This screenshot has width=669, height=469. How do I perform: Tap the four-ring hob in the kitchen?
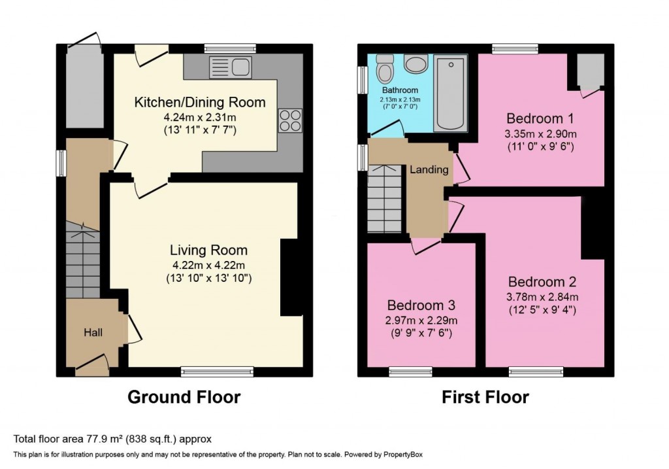291,120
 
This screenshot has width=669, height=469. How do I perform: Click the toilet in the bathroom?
385,69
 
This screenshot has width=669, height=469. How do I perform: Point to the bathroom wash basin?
416,63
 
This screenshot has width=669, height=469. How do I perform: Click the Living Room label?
208,250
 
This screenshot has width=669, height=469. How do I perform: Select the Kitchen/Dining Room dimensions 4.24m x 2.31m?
199,118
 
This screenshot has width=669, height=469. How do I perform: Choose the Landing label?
429,169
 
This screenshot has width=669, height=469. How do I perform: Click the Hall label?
92,333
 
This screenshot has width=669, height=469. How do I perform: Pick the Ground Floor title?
184,397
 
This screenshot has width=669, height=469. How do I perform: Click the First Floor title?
485,397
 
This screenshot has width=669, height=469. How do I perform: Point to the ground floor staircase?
83,260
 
